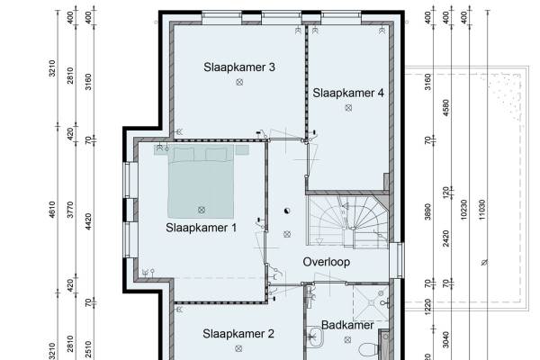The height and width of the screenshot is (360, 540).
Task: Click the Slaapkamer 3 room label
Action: [239, 67]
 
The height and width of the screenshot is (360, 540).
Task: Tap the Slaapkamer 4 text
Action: [348, 93]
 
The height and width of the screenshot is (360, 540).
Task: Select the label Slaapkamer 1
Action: [201, 228]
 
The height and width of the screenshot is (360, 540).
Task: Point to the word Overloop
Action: [327, 262]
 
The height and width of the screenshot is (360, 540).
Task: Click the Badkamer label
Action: [347, 325]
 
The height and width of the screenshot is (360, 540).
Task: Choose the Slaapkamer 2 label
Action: [238, 334]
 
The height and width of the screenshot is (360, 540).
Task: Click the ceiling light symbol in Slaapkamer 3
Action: [239, 82]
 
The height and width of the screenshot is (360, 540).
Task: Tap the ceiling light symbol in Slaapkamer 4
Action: [348, 108]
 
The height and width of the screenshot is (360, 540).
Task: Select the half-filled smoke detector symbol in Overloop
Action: [287, 211]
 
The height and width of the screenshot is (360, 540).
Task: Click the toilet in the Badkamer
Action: [368, 350]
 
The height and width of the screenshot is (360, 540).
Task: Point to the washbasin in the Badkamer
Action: [315, 337]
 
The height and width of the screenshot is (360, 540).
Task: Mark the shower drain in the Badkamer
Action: [371, 302]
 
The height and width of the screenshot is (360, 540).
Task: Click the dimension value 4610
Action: [51, 210]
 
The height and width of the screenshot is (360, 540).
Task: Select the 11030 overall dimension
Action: [481, 210]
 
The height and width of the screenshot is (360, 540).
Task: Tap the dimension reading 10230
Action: [463, 210]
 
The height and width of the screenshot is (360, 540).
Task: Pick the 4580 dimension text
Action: [445, 107]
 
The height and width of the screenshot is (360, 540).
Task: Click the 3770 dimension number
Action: [70, 210]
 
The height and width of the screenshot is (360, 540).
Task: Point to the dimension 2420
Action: [445, 238]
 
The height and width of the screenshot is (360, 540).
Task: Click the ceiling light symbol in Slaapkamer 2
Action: [238, 348]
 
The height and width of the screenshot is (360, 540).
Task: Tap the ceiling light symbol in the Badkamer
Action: [347, 340]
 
